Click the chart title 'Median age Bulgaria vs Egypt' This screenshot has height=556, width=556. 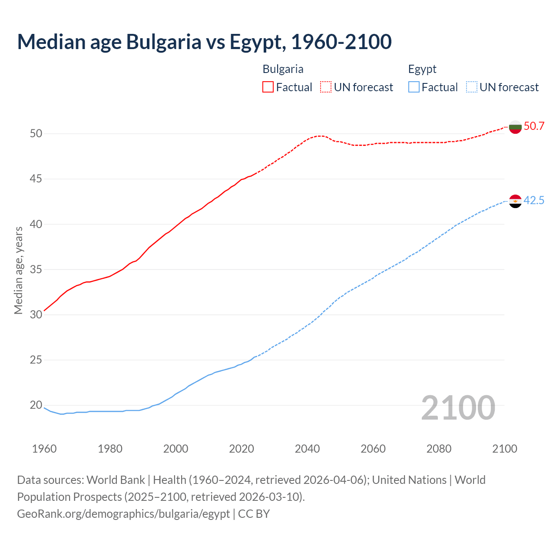204,42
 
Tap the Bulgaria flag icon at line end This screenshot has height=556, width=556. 515,127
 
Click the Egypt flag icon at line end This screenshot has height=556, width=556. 515,201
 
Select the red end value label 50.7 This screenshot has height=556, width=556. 534,126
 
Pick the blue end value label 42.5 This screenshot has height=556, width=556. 534,201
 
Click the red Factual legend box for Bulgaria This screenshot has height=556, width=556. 268,87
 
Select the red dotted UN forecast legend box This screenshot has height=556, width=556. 326,87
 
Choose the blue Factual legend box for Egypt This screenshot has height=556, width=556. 414,87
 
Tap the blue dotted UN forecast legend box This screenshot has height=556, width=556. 471,87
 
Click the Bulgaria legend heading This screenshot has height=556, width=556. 283,69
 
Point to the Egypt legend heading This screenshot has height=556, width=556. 422,69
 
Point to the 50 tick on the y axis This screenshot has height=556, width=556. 36,134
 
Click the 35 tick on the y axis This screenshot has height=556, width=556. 36,270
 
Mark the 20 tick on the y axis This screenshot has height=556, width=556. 36,405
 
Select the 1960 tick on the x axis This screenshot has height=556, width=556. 44,449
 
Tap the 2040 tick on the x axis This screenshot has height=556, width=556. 307,449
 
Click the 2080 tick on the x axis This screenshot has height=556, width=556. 439,449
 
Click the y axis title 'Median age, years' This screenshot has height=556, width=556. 18,270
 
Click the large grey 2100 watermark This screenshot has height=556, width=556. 458,408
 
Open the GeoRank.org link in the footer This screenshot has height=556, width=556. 123,514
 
